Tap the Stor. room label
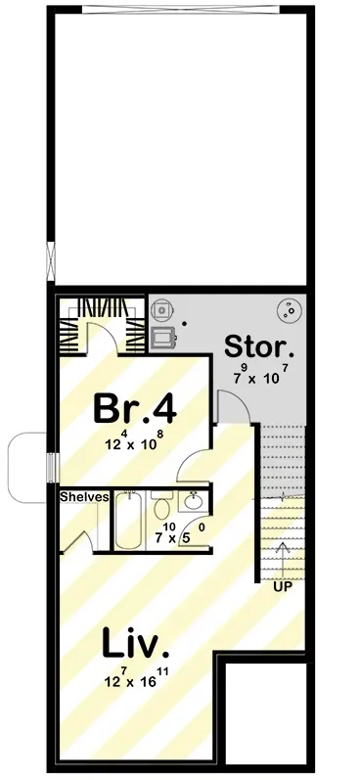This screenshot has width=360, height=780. [x=257, y=347]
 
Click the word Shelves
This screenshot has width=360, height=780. [x=83, y=497]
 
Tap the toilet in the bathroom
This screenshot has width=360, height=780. [x=162, y=505]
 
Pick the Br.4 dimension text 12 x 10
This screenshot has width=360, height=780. [x=135, y=442]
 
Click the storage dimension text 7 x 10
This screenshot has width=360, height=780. [x=256, y=376]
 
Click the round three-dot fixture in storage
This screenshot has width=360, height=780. [x=291, y=311]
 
